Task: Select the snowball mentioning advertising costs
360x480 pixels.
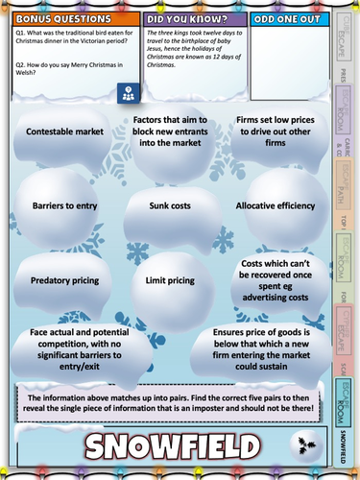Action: click(x=278, y=277)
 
